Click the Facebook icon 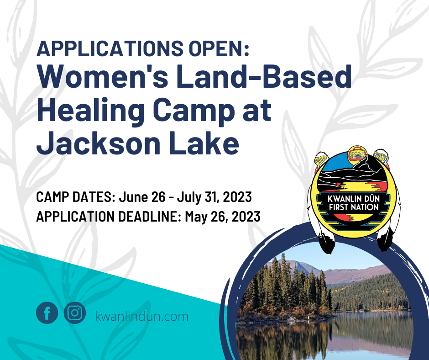[47, 313]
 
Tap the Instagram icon [75, 313]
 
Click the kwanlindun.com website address [142, 317]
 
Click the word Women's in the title [103, 76]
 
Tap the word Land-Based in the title [264, 76]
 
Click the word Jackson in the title [98, 143]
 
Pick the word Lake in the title [204, 143]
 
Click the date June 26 [142, 197]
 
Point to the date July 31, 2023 [214, 197]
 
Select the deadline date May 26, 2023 [223, 217]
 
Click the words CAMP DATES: [76, 197]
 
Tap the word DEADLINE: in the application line [150, 217]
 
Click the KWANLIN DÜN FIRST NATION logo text [354, 203]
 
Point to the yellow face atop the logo [357, 154]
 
